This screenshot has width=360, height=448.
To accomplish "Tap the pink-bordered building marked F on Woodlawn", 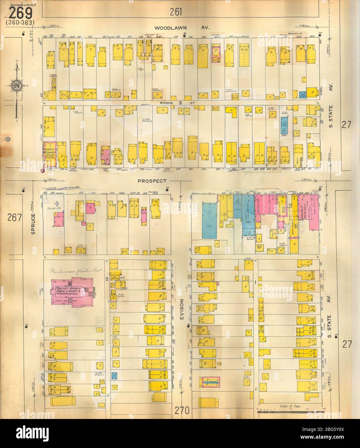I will (x=215, y=53).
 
